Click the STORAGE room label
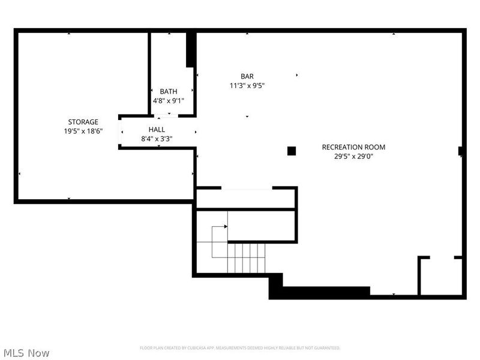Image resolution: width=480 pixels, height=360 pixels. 83,122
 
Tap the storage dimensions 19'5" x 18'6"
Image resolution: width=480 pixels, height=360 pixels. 83,131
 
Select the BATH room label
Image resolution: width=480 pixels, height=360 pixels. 169,91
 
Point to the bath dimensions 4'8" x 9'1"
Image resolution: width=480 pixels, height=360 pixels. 169,101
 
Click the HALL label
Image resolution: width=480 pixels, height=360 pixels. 157,129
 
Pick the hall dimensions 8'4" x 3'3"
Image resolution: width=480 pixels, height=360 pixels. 157,139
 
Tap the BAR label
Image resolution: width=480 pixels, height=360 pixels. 247,76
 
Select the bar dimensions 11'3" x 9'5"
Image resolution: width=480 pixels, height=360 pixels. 247,86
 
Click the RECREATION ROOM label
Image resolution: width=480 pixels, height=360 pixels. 353,147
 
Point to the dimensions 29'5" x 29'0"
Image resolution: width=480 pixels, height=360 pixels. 353,157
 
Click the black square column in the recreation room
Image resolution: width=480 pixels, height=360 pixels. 292,151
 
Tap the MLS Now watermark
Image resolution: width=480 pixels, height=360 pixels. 26,353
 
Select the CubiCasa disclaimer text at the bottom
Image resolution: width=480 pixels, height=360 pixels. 240,348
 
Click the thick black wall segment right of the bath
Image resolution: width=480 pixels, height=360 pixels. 191,49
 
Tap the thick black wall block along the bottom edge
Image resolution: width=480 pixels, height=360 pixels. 324,293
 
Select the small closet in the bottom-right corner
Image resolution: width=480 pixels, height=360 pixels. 441,276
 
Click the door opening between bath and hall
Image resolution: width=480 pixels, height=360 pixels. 169,115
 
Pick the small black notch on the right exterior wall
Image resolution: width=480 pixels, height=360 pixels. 461,151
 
